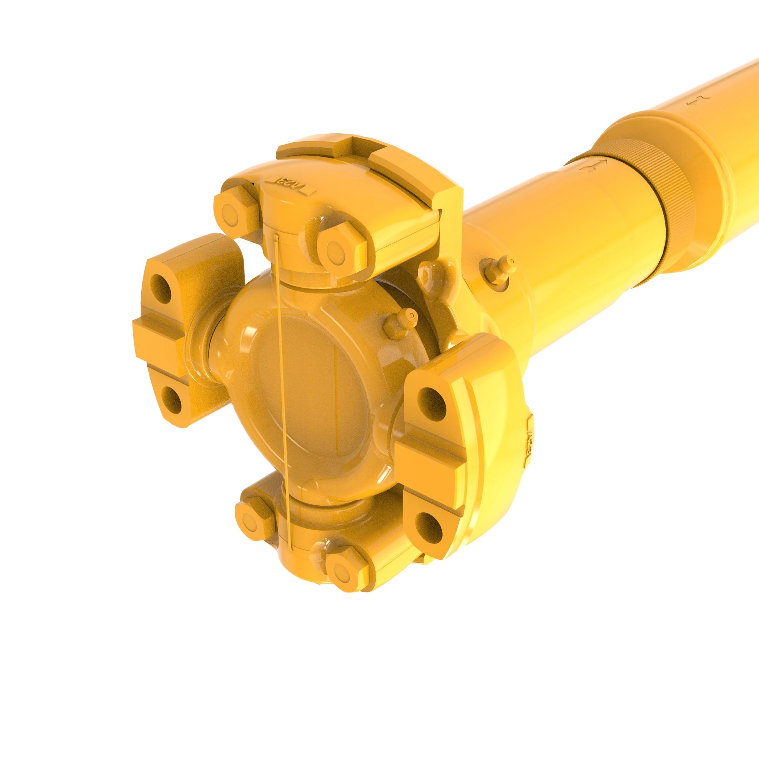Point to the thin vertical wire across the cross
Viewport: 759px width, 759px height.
point(282,393)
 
